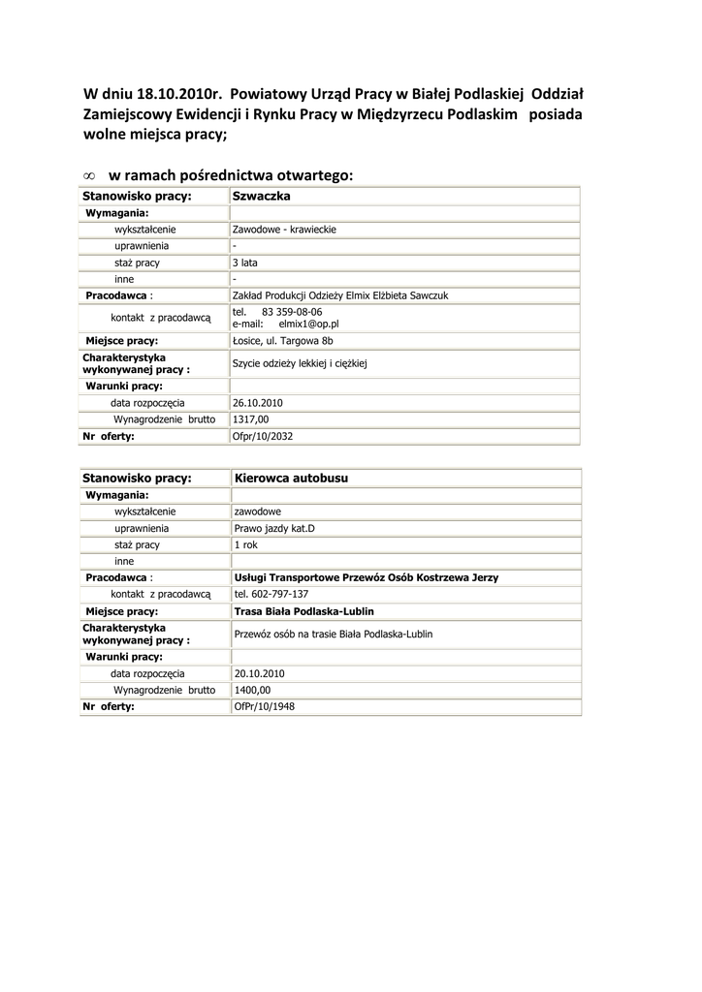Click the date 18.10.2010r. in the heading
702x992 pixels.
click(x=176, y=94)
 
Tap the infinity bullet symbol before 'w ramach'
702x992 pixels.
click(x=88, y=176)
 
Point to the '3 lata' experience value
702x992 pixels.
click(x=245, y=263)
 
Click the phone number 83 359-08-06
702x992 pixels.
click(x=292, y=312)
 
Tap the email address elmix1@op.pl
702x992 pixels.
click(x=308, y=325)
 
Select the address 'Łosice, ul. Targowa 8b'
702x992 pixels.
click(x=283, y=341)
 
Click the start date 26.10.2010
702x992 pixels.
click(x=258, y=402)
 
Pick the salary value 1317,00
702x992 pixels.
click(x=250, y=419)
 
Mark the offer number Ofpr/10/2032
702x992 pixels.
click(x=263, y=436)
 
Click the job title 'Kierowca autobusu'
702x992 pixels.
click(x=292, y=479)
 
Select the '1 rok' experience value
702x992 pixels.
click(x=246, y=544)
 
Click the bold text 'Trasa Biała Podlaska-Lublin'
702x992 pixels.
click(x=303, y=611)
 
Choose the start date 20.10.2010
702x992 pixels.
click(x=259, y=672)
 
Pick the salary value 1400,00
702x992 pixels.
click(x=252, y=690)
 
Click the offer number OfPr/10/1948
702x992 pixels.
click(x=265, y=706)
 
